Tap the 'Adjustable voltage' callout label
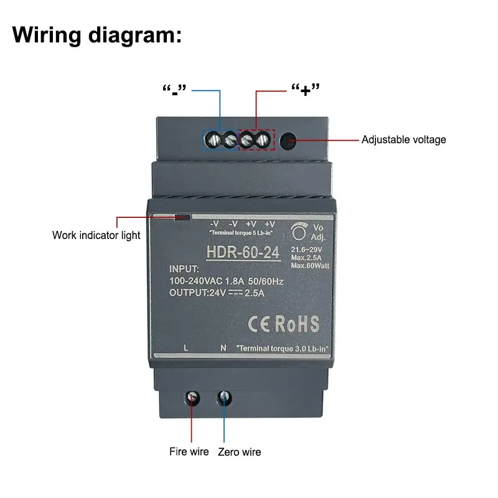point(403,139)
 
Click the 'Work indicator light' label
point(96,235)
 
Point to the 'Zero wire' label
point(239,452)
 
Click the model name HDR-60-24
point(243,253)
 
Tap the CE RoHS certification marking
point(283,324)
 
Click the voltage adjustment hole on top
point(288,139)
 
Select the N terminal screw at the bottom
point(223,397)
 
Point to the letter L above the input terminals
point(186,347)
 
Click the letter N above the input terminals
point(223,347)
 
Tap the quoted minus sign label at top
point(174,91)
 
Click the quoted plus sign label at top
point(305,91)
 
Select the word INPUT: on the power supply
point(184,270)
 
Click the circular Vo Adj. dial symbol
point(300,232)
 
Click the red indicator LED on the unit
point(183,218)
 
